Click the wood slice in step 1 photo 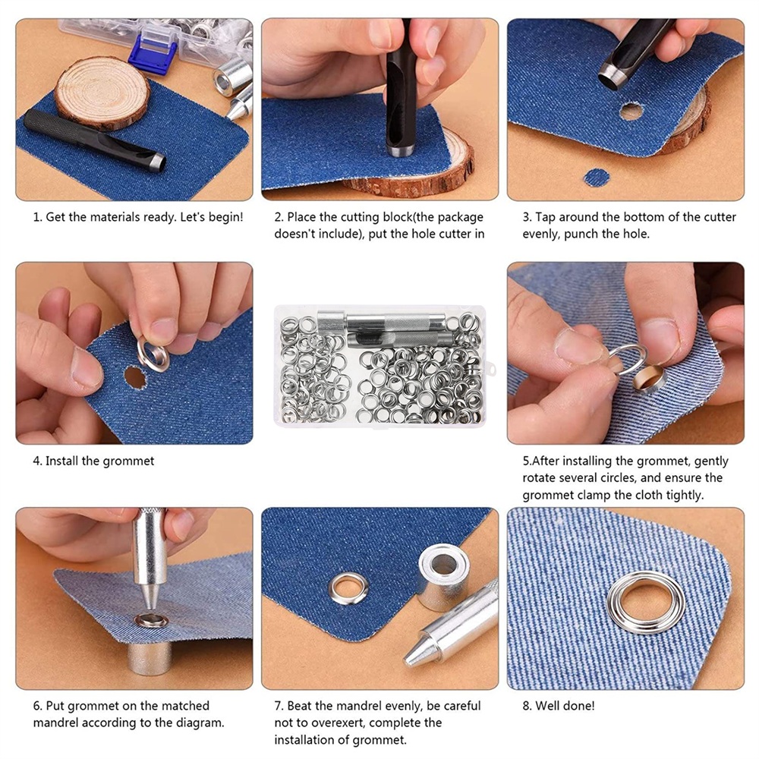pos(102,92)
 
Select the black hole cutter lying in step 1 pos(95,140)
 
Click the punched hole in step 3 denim pos(631,112)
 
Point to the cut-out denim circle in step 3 pos(597,178)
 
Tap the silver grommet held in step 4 pos(153,354)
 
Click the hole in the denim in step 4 pos(135,377)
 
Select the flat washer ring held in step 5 pos(627,359)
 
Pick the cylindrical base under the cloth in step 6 pos(150,657)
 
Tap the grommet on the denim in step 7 pos(348,588)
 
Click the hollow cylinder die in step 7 pos(443,577)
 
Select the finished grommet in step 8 pos(647,602)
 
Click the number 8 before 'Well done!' pos(526,706)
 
